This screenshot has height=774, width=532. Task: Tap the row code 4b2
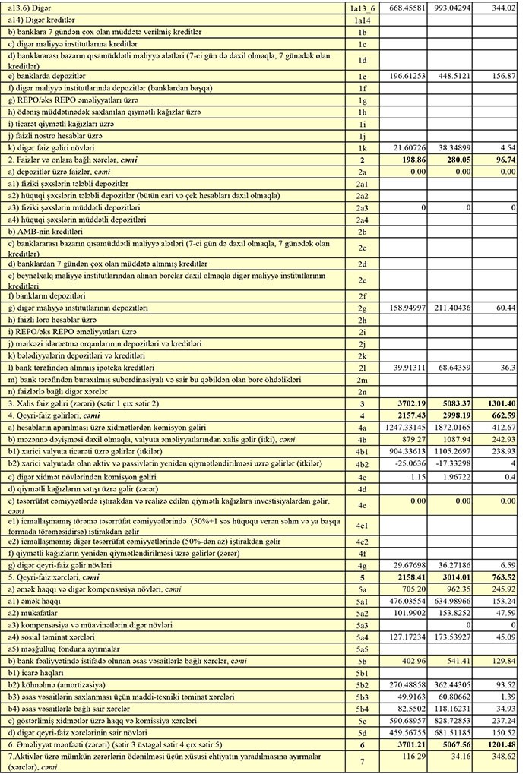click(362, 463)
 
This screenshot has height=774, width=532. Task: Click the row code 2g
click(362, 308)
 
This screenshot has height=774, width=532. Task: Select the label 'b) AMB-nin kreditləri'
click(45, 230)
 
